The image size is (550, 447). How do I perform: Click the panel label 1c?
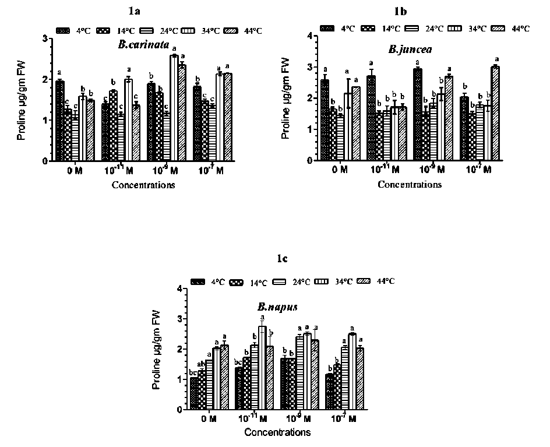pos(282,258)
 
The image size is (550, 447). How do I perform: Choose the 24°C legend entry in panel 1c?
pos(301,281)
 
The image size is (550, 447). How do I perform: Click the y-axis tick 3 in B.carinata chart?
pos(45,38)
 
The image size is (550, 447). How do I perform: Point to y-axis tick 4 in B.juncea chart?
pos(310,35)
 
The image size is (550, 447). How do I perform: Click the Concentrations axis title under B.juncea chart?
pos(409,185)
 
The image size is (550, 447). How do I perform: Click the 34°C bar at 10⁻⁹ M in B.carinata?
pos(174,108)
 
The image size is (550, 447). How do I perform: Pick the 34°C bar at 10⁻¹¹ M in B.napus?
pos(262,368)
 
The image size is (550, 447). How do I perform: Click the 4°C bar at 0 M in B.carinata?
pos(60,121)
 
